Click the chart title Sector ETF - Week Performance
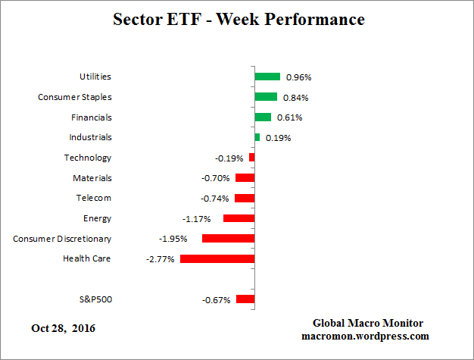tap(238, 19)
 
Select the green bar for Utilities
tap(267, 77)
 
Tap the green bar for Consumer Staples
tap(266, 97)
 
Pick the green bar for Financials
tap(263, 117)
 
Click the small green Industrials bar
tap(257, 137)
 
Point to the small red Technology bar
tap(252, 158)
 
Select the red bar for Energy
tap(239, 218)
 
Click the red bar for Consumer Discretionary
tap(228, 238)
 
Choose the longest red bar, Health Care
tap(217, 258)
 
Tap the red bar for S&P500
tap(245, 299)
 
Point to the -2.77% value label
tap(160, 259)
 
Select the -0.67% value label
tap(216, 299)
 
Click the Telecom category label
tap(94, 198)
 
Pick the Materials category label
tap(92, 178)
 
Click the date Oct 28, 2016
tap(64, 328)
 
